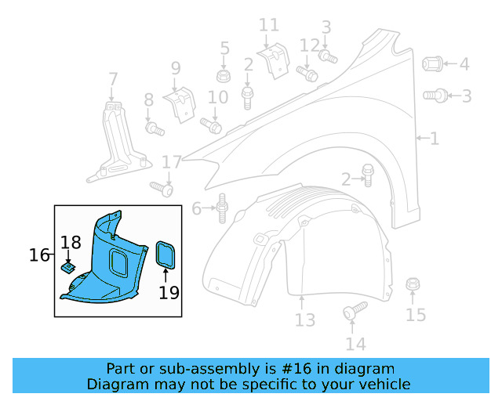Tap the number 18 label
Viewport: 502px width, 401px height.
[x=71, y=243]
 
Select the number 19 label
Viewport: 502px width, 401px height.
[x=169, y=293]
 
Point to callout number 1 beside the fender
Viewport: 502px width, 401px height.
[x=434, y=139]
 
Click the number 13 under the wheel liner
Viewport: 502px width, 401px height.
[x=304, y=320]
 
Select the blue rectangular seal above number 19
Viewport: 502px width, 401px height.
[x=166, y=255]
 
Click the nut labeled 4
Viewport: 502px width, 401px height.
[x=433, y=64]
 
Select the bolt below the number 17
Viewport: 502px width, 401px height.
[x=162, y=188]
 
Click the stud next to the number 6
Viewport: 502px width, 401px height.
[x=222, y=208]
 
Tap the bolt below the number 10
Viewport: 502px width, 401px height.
[x=212, y=124]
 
